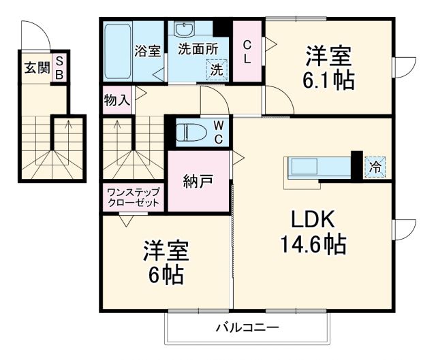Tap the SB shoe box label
[x=59, y=67]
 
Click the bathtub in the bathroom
[x=117, y=52]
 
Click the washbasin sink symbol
[x=185, y=30]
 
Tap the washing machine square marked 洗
[x=216, y=69]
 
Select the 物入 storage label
[x=116, y=100]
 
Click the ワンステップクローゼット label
[x=133, y=197]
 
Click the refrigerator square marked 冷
[x=375, y=165]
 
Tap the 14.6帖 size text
[x=313, y=243]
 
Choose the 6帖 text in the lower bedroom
[x=166, y=274]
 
